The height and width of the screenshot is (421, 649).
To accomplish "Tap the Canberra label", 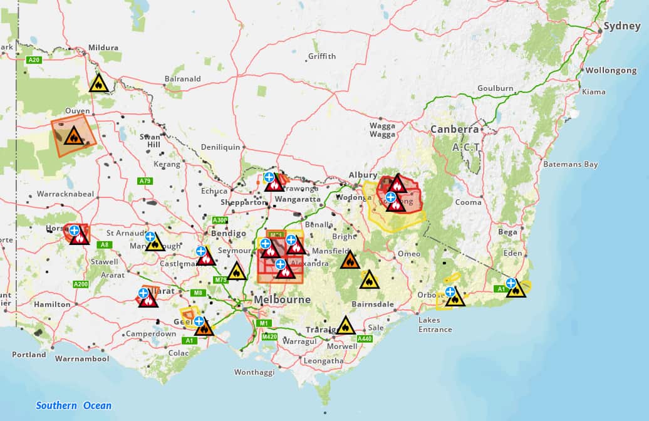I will point(454,130).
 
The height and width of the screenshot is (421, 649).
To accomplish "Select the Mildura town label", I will point(103,48).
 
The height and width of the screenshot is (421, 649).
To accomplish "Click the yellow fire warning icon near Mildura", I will point(98,83).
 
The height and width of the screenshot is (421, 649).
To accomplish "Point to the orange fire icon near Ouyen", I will point(74,135).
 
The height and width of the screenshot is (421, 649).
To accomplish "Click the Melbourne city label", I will point(282,300).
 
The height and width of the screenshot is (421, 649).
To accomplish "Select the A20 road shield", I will point(34,60).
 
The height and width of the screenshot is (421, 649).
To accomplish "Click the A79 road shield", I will point(145,181).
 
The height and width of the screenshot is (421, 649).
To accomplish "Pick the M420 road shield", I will point(269,337).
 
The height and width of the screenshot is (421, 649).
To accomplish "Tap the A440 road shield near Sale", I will point(365,338).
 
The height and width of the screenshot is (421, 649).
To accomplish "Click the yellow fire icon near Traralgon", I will point(345,326).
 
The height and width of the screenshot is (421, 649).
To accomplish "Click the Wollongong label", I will point(610,71).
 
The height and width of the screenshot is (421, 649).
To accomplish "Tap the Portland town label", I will point(29,355).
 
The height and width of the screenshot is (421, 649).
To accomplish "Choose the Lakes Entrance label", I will point(435,325).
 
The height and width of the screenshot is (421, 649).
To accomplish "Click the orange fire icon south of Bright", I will point(350,260).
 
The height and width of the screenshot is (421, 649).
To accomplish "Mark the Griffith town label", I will point(322,56).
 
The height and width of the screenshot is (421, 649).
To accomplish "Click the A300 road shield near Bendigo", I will point(220,221).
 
